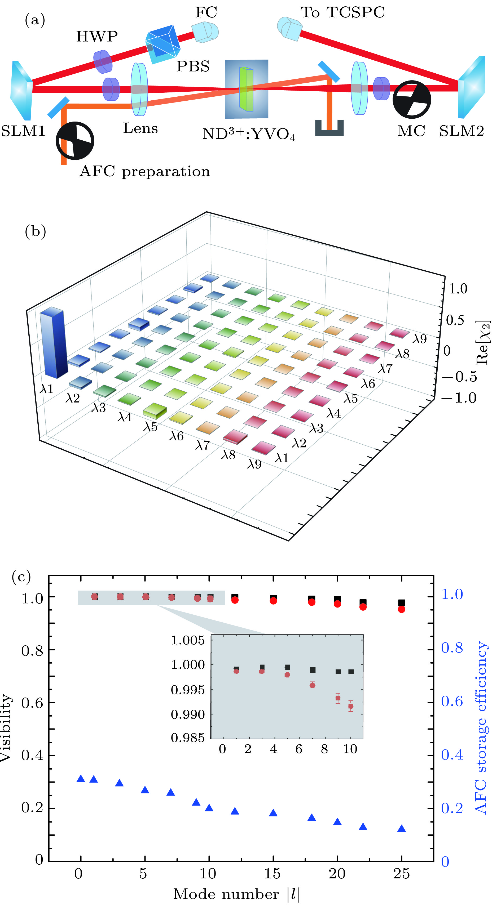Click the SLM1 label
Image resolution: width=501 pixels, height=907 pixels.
pos(23,131)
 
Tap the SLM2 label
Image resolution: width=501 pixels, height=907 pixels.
pos(461,131)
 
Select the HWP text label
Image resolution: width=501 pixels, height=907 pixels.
pos(97,36)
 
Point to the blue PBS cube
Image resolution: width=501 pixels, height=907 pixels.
pos(163,44)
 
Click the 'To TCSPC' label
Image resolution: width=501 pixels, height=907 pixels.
pos(342,12)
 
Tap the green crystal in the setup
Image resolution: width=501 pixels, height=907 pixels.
pos(246,89)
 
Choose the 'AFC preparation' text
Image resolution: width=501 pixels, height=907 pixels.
pos(145,172)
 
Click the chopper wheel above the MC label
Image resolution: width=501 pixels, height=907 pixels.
pos(411,99)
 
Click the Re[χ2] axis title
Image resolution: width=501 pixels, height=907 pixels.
pos(483,342)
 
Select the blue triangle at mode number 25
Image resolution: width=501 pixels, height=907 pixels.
pos(401,829)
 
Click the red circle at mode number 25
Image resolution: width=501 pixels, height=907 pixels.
pos(401,609)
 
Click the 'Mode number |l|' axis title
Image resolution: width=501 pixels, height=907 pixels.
pos(237,894)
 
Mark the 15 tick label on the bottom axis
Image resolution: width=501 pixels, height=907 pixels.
pos(272,874)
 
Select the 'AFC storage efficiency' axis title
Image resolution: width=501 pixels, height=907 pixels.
pos(481,727)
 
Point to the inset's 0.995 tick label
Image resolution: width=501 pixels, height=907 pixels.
pos(187,690)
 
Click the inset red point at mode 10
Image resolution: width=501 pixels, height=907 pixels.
pos(350,706)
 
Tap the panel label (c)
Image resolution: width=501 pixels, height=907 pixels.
pos(21,577)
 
